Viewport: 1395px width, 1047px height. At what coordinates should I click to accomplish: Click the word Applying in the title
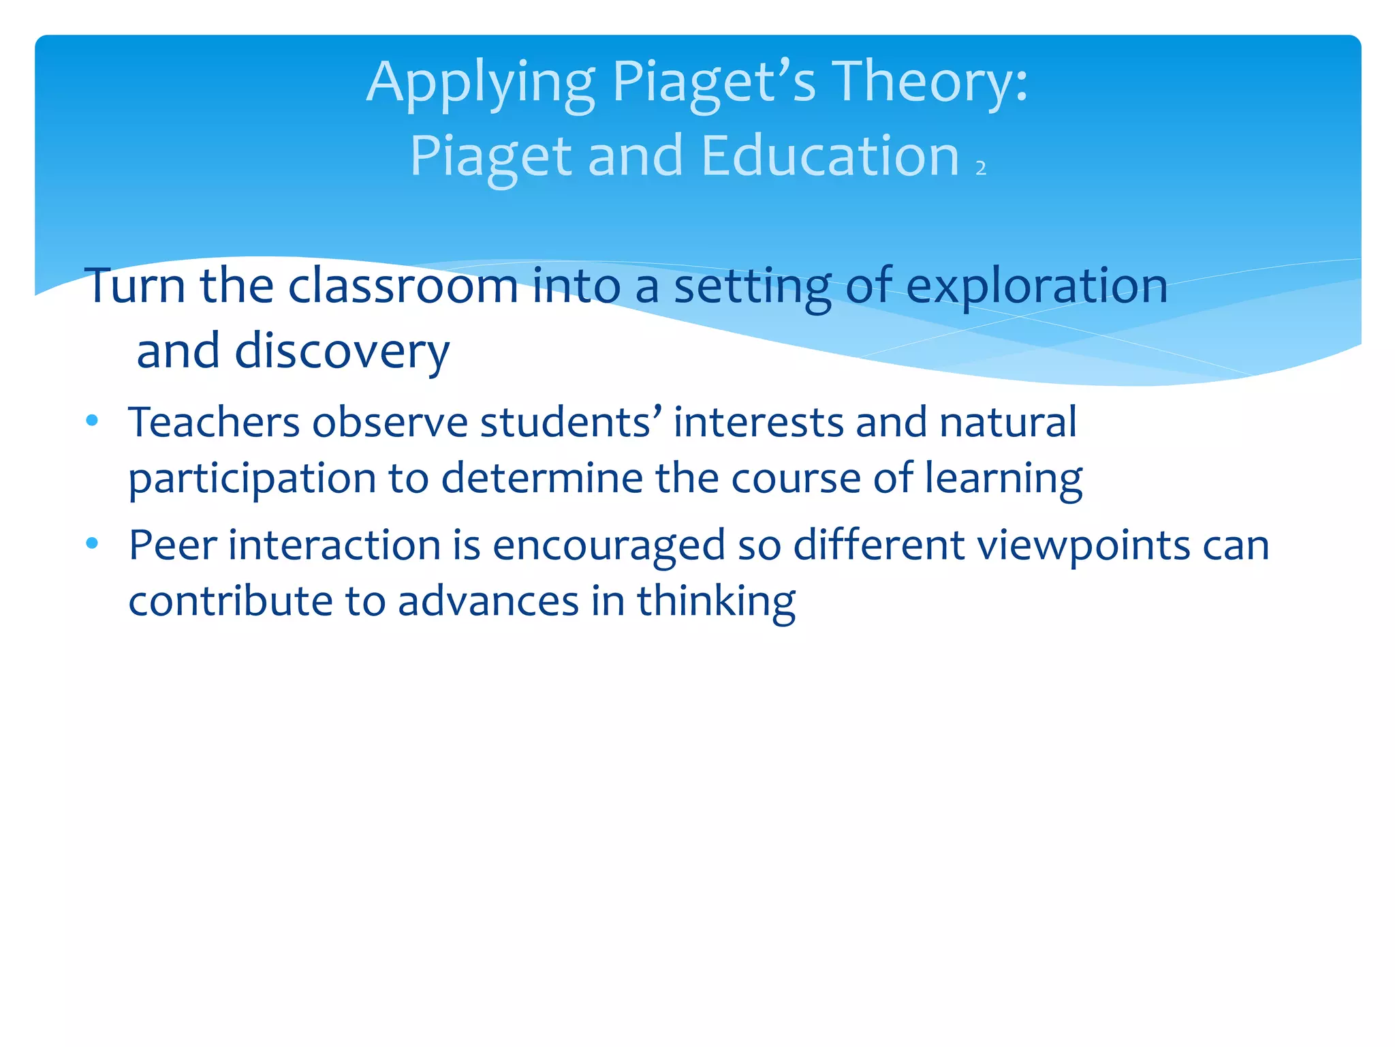[480, 83]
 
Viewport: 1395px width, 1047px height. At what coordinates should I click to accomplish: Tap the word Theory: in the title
[930, 83]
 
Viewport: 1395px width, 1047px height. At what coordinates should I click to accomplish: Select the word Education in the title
[830, 156]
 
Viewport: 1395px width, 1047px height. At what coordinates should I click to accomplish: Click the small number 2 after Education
[981, 168]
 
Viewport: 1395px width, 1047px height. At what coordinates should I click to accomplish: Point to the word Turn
[135, 286]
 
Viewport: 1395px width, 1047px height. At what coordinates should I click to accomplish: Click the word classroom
[403, 286]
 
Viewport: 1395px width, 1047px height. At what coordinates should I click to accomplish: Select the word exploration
[1037, 286]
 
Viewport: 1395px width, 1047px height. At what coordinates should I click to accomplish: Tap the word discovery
[342, 352]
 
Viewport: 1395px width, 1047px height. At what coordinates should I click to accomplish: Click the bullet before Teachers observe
[93, 421]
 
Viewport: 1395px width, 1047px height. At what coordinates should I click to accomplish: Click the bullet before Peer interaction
[93, 543]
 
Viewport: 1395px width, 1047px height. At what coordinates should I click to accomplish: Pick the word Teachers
[214, 422]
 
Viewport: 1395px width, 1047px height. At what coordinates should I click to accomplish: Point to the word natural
[1008, 422]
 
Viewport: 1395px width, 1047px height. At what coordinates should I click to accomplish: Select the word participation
[252, 479]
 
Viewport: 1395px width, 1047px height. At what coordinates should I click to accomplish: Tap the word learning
[1003, 479]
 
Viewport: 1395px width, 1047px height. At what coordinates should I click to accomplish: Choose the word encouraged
[608, 547]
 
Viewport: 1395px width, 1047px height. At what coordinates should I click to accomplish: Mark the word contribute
[230, 601]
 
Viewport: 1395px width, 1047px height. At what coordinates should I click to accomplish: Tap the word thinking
[716, 601]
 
